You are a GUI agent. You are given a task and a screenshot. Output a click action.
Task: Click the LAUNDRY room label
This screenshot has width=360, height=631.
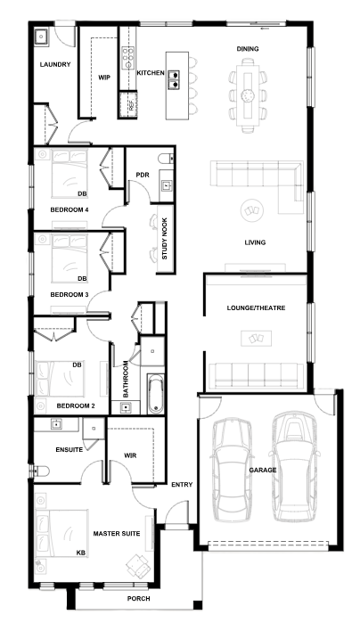coord(55,64)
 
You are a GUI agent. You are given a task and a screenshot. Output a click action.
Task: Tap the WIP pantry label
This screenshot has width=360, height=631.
coord(104,78)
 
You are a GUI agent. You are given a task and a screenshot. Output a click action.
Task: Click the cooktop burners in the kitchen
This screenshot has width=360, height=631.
coord(128,59)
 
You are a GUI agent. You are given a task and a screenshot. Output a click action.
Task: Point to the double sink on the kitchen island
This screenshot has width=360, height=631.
coord(174,79)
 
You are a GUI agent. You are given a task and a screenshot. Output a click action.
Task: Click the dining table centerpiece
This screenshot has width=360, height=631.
coord(248,95)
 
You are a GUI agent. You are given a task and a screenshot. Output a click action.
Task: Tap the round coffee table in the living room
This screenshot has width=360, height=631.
coord(252,210)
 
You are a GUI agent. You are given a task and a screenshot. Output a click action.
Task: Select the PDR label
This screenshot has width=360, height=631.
coord(143,175)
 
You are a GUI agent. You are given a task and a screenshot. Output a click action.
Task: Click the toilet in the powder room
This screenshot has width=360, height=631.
coord(166,159)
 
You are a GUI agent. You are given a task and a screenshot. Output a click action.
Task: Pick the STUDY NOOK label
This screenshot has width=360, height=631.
coord(165,239)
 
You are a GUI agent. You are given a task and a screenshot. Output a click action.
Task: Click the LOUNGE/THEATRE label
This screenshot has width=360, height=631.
coord(257,307)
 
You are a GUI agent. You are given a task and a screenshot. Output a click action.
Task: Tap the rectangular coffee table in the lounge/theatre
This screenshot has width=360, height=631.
coord(257,338)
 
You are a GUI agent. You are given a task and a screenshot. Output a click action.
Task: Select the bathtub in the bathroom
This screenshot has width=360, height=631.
coord(156,394)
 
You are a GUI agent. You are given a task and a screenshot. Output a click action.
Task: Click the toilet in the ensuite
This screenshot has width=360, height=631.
coord(41,471)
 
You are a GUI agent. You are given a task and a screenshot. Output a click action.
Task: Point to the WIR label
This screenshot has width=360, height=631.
coord(130,455)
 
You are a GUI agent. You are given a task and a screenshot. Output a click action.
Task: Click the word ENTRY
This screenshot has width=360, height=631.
coord(182,485)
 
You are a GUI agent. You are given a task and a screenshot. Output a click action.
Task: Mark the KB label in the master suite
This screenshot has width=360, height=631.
coord(81,553)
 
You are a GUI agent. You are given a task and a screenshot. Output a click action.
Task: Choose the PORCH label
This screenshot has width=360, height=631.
coord(139,598)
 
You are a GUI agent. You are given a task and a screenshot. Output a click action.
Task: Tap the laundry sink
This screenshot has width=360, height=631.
coord(41,37)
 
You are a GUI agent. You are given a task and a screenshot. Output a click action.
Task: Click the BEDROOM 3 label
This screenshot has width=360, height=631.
coord(70,295)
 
